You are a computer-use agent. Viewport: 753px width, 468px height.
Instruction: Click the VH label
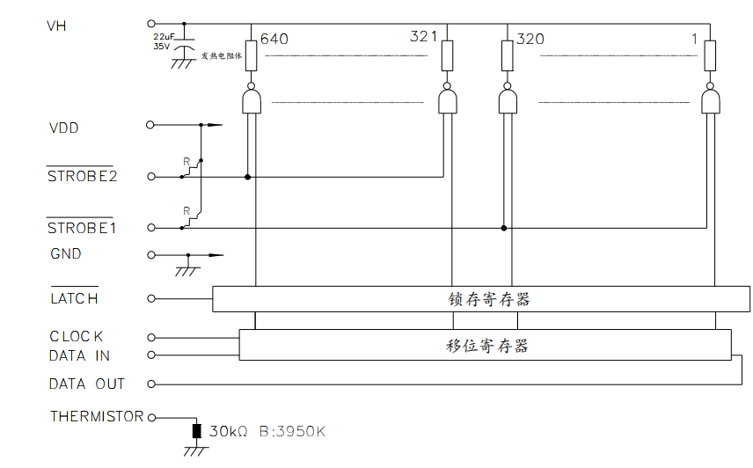click(x=56, y=26)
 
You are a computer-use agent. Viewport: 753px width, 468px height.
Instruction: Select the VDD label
click(x=64, y=128)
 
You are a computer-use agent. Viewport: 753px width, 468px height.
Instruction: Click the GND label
click(x=66, y=253)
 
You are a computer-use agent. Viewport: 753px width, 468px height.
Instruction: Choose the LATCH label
click(x=74, y=298)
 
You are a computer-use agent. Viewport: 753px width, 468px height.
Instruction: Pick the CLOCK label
click(x=77, y=336)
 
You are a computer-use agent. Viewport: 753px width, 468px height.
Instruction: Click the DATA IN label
click(x=80, y=355)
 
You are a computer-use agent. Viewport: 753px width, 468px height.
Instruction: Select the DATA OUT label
click(x=87, y=384)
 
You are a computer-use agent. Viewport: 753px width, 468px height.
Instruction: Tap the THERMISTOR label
click(x=96, y=416)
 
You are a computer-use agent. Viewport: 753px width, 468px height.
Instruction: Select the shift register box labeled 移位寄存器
click(x=485, y=346)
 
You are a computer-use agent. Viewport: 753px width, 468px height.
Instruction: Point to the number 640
click(x=274, y=39)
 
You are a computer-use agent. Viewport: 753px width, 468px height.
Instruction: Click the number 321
click(x=423, y=37)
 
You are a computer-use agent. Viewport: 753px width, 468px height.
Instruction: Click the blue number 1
click(x=694, y=38)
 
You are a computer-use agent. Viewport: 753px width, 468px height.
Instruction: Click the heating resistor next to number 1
click(x=710, y=55)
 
